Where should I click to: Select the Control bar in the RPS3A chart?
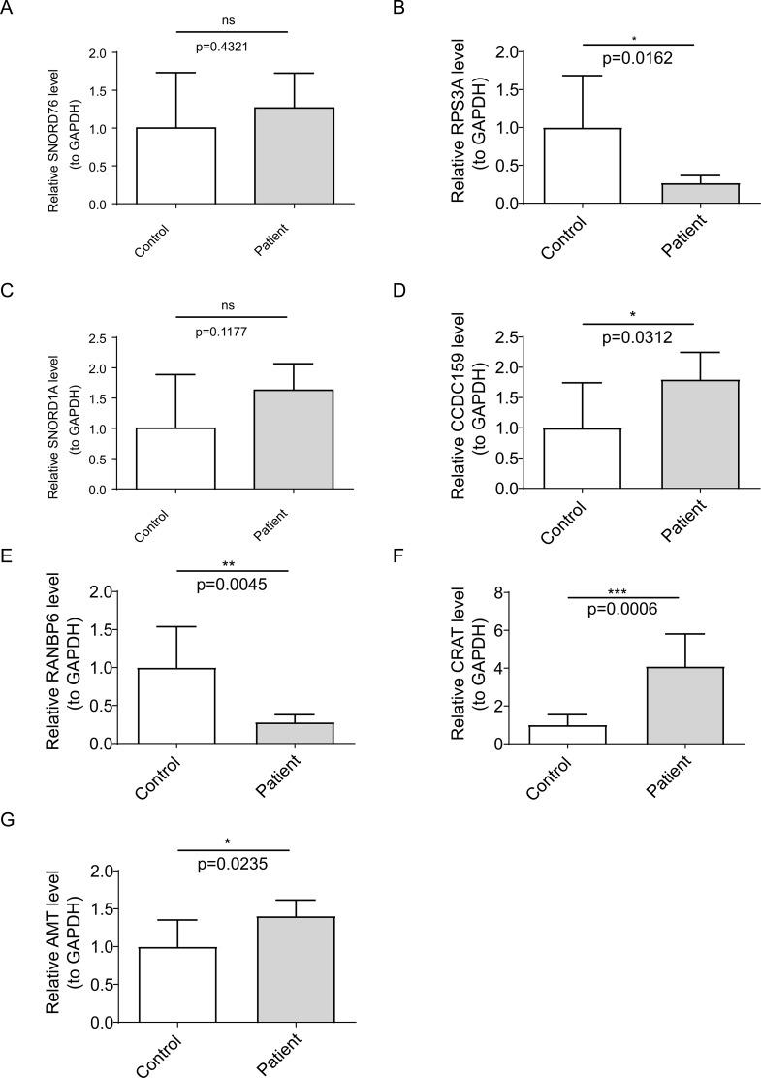[582, 166]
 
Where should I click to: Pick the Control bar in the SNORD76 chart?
[175, 166]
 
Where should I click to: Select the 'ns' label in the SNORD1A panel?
[233, 303]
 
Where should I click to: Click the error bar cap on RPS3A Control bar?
[582, 76]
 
